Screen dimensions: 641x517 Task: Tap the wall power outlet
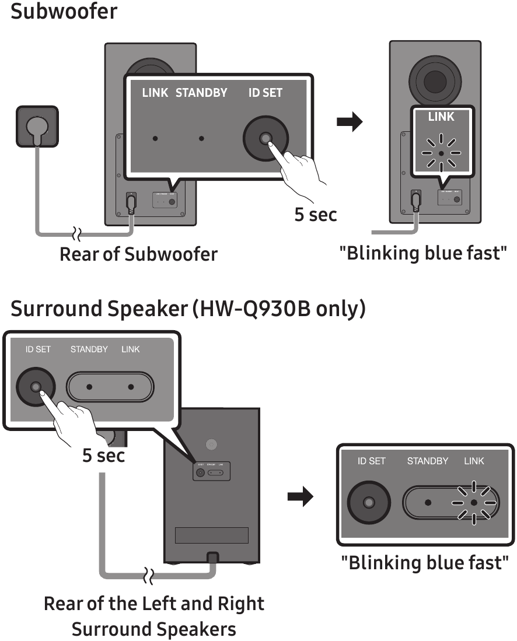click(37, 127)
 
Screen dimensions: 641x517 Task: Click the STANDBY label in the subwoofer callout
click(201, 93)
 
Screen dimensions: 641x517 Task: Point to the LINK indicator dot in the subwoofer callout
click(155, 139)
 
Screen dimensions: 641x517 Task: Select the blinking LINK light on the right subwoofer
click(441, 153)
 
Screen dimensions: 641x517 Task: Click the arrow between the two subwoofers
click(350, 122)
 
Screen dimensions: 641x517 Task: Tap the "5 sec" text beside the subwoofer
click(315, 214)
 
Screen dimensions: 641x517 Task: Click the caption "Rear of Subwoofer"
click(138, 254)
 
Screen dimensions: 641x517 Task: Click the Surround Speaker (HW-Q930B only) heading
click(188, 309)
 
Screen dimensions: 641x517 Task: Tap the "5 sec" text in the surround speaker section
click(103, 455)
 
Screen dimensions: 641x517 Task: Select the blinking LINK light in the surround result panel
click(474, 502)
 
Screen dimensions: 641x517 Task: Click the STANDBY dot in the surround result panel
click(428, 502)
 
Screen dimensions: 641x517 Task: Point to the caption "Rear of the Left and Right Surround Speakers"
click(154, 616)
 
